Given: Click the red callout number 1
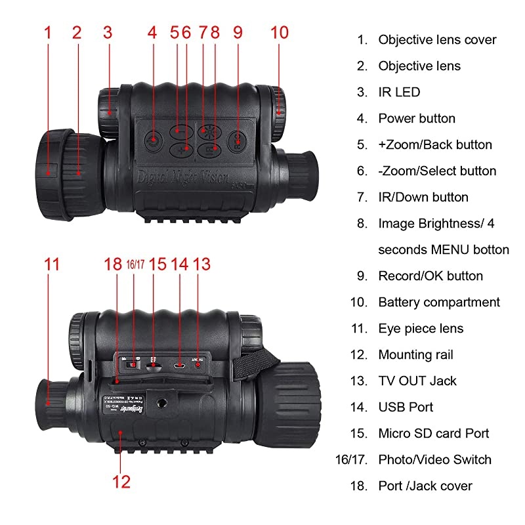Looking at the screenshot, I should pyautogui.click(x=47, y=32).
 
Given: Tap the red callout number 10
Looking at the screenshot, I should pyautogui.click(x=279, y=32).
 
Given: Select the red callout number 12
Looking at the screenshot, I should pyautogui.click(x=121, y=481).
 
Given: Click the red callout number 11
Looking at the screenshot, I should pyautogui.click(x=52, y=264).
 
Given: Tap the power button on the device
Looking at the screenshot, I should pyautogui.click(x=152, y=139).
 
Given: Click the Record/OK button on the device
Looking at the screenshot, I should pyautogui.click(x=237, y=140).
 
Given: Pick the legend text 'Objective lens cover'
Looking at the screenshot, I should pyautogui.click(x=437, y=39).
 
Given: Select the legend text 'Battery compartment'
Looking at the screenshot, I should pyautogui.click(x=439, y=302).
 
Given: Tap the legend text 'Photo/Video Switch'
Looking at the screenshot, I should pyautogui.click(x=434, y=459).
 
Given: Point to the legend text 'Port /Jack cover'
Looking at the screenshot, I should pyautogui.click(x=425, y=486).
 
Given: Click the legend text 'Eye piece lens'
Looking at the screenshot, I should pyautogui.click(x=421, y=328).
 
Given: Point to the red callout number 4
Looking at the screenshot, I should pyautogui.click(x=152, y=32).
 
